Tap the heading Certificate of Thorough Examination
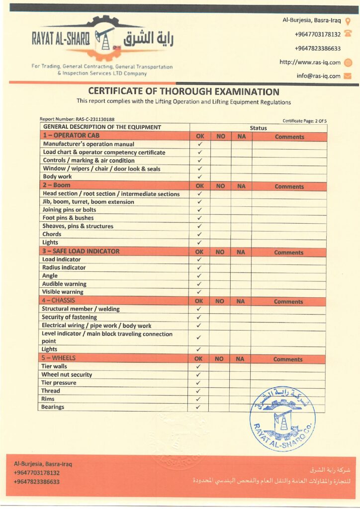click(183, 91)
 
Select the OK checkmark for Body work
click(199, 176)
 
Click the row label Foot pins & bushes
click(68, 218)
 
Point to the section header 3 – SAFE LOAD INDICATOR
click(81, 252)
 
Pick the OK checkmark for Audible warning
click(199, 284)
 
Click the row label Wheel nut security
click(67, 375)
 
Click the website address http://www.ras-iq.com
click(310, 63)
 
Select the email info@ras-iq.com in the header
click(318, 76)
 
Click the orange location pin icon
click(348, 21)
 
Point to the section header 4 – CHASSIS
click(62, 300)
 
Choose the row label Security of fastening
click(69, 317)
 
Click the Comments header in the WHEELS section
click(287, 359)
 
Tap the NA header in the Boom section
click(241, 186)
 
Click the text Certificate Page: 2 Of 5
click(304, 121)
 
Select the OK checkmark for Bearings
click(198, 407)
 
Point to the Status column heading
click(258, 128)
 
